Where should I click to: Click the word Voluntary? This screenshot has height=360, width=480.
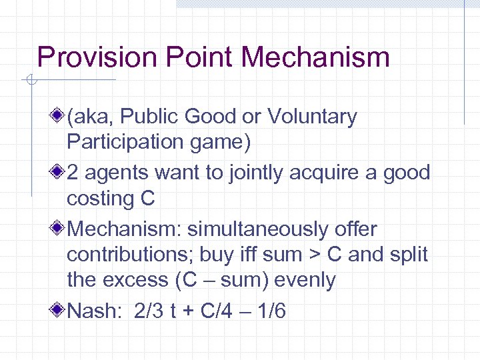pyautogui.click(x=313, y=117)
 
